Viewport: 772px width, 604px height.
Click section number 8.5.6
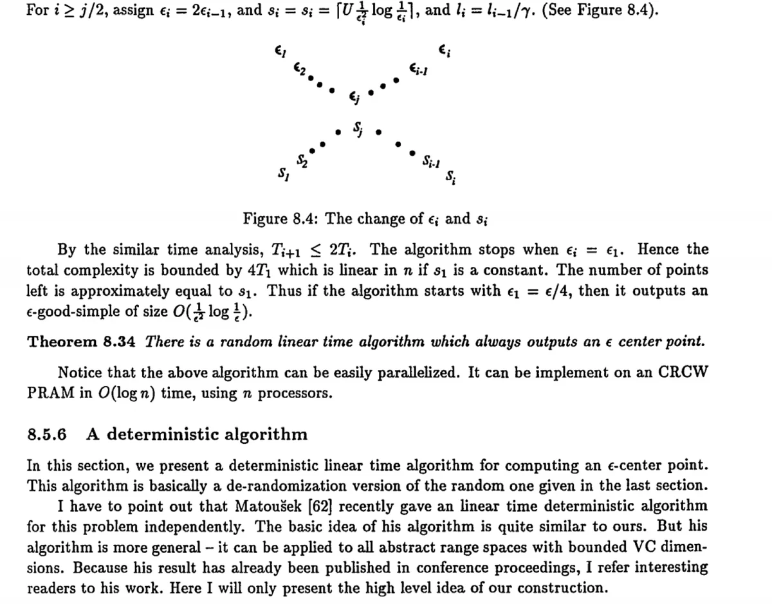47,434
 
